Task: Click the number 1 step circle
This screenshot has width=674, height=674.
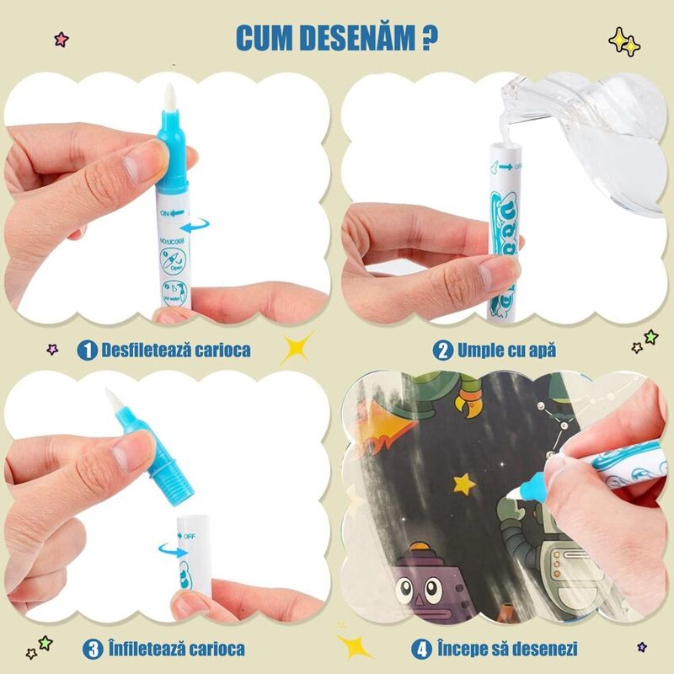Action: click(87, 350)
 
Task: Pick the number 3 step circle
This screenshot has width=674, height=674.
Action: click(92, 649)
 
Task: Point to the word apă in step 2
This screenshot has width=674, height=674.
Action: click(540, 350)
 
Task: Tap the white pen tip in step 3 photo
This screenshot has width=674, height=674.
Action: click(113, 400)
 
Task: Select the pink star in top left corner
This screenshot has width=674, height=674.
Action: click(60, 39)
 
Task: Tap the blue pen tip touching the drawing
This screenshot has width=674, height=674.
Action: click(534, 486)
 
